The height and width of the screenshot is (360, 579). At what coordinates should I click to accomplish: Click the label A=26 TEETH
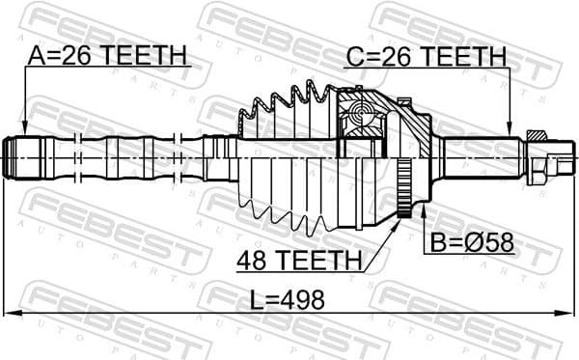click(108, 57)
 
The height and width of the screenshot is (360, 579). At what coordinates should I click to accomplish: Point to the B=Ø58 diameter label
click(468, 242)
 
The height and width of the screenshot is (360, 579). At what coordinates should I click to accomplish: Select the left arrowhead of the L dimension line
click(10, 312)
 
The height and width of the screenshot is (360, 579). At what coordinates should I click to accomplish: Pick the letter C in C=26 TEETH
click(354, 57)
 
